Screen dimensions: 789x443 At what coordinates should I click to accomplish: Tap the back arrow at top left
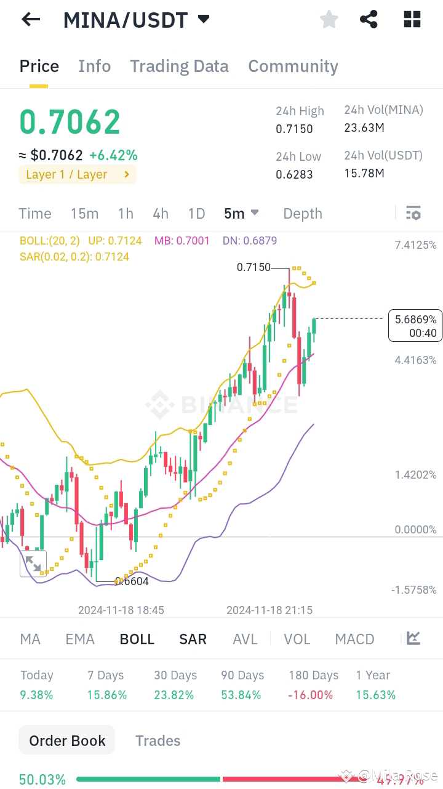click(x=31, y=20)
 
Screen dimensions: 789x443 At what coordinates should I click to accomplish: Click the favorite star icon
click(x=329, y=20)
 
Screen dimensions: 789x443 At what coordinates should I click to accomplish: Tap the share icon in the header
click(x=369, y=20)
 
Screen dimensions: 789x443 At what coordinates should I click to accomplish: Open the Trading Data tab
click(x=179, y=67)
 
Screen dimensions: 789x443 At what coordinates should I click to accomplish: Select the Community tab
click(x=293, y=67)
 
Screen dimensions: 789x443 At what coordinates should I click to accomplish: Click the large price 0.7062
click(x=70, y=122)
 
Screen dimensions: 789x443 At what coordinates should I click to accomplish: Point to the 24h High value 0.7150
click(x=294, y=129)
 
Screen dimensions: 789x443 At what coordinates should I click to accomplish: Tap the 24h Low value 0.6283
click(x=294, y=174)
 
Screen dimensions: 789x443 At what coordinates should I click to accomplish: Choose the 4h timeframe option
click(x=161, y=214)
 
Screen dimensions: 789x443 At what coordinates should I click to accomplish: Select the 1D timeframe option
click(x=196, y=214)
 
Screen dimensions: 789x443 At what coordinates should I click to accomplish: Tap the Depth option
click(x=303, y=214)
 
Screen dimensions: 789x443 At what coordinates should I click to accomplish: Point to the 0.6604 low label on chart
click(x=132, y=581)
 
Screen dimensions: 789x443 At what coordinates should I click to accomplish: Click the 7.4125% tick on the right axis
click(x=415, y=245)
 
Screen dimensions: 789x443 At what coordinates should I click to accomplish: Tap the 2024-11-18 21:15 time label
click(x=269, y=610)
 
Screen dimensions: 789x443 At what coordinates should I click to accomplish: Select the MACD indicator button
click(x=354, y=639)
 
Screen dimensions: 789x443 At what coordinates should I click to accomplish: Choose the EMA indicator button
click(x=80, y=639)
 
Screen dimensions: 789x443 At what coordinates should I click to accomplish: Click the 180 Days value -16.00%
click(x=311, y=695)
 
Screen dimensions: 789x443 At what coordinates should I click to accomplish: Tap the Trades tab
click(x=158, y=740)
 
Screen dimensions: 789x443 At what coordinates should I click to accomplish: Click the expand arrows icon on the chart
click(x=33, y=564)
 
